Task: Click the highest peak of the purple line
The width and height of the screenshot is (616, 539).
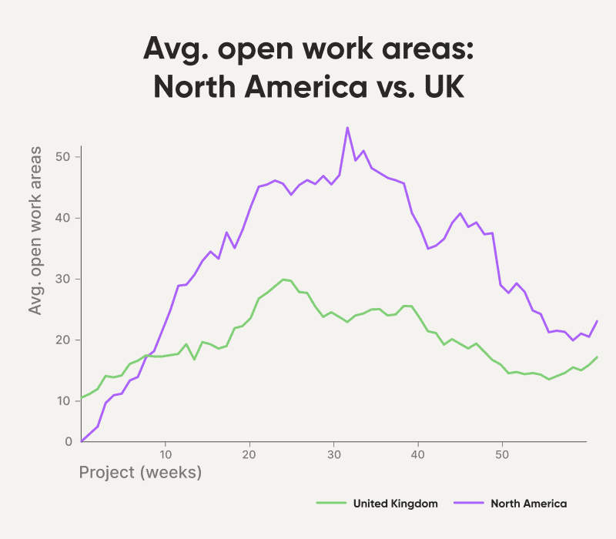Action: (x=347, y=128)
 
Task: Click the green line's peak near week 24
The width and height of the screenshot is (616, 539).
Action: (x=283, y=280)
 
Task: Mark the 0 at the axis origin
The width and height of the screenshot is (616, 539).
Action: (x=69, y=442)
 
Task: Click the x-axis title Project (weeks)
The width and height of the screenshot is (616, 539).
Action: (x=140, y=471)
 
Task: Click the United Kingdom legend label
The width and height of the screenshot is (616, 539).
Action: (x=395, y=504)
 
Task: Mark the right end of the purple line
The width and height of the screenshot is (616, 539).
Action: (x=598, y=320)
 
